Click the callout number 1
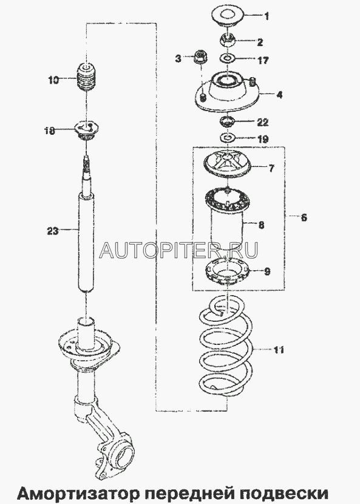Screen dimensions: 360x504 [x=267, y=16]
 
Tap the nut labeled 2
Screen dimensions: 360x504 [x=228, y=40]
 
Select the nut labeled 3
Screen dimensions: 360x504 [x=201, y=57]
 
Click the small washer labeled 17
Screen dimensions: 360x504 [x=228, y=59]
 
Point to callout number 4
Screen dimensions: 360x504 [x=280, y=95]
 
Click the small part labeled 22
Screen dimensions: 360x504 [x=228, y=123]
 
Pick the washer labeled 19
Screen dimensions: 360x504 [x=228, y=138]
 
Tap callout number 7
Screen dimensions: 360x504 [x=271, y=168]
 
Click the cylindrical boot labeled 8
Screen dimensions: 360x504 [x=228, y=222]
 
